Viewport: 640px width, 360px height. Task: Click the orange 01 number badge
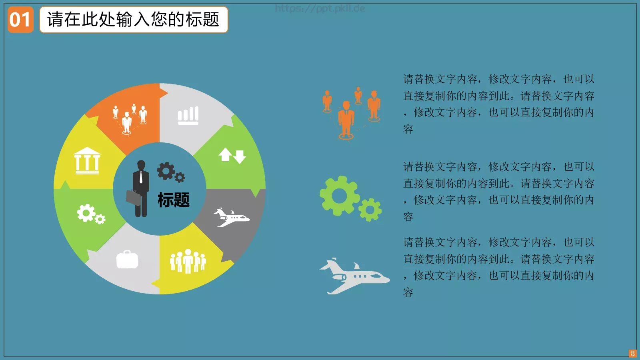(x=20, y=20)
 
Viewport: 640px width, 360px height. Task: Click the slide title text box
(x=134, y=20)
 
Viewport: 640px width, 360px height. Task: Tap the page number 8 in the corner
(x=632, y=353)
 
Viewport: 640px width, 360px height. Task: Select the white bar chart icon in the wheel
(x=188, y=116)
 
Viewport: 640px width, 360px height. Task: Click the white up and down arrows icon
(x=232, y=156)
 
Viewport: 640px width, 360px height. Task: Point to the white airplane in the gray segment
(x=231, y=217)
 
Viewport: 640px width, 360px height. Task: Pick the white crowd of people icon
(x=188, y=261)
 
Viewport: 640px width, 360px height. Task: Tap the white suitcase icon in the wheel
(x=127, y=260)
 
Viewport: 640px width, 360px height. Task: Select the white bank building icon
(x=87, y=161)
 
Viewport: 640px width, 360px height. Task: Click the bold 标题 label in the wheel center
(x=174, y=200)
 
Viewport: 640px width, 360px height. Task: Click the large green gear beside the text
(x=339, y=196)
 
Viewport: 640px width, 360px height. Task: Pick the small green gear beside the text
(x=370, y=209)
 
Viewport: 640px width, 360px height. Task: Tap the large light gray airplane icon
(x=354, y=276)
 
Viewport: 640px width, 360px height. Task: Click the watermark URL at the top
(x=320, y=8)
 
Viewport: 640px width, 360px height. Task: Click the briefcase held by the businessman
(x=134, y=198)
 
